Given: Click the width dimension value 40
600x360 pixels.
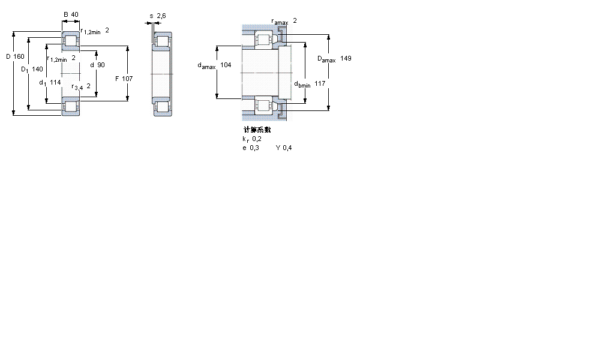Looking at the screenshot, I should point(74,14).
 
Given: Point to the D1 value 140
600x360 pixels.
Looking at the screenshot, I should point(37,70).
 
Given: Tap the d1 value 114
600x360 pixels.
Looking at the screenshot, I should point(56,82).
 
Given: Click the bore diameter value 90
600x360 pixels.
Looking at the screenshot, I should point(101,65).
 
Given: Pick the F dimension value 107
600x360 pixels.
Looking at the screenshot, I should point(127,79).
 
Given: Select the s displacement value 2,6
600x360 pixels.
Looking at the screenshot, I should point(161,16).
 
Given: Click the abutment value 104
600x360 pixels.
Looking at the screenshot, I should point(226,65).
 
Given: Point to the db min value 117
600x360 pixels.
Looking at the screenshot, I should point(320,83).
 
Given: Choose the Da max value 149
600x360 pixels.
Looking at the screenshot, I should point(346,58).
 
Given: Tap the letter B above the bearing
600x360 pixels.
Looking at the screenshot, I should point(65,14).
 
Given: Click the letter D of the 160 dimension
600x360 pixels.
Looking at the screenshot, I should point(8,56).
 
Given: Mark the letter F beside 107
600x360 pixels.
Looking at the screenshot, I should point(117,79).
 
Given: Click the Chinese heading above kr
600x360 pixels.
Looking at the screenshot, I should point(257,130).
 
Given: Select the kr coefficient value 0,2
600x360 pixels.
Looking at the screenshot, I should point(257,139).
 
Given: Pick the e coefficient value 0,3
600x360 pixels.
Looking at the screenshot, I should point(254,148).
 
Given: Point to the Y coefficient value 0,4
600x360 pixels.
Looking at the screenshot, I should point(287,148).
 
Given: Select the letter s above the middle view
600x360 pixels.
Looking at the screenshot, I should point(151,16).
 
